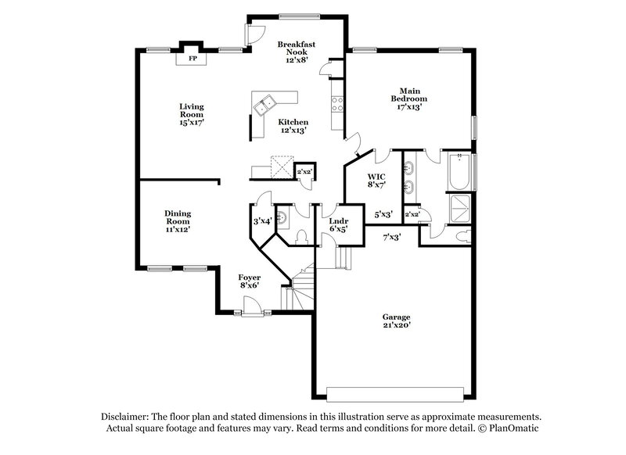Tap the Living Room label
point(192,114)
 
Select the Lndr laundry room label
point(337,225)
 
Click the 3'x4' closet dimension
point(261,221)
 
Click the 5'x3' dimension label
point(383,213)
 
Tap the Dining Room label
point(178,221)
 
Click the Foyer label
point(250,281)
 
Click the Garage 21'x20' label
point(396,321)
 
